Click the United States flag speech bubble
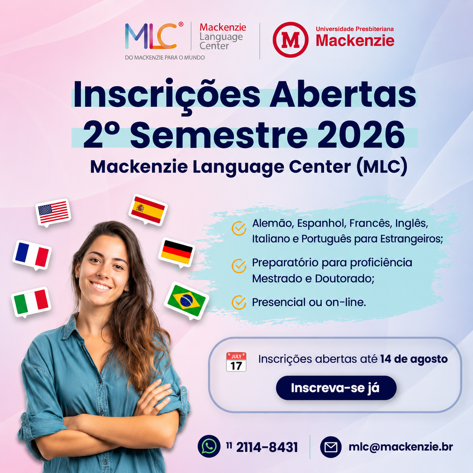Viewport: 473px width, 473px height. click(x=53, y=213)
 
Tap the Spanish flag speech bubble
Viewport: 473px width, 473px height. click(x=148, y=210)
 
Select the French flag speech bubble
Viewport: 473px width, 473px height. click(x=32, y=255)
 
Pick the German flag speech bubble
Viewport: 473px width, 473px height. click(x=177, y=253)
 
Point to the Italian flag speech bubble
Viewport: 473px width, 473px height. click(x=31, y=302)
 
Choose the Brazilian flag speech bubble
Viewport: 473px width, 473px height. click(x=187, y=301)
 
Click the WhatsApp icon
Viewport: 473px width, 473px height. click(x=209, y=446)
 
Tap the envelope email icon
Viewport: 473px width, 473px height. click(x=331, y=447)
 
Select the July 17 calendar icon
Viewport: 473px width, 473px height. click(x=236, y=362)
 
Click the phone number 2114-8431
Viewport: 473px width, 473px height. click(x=267, y=447)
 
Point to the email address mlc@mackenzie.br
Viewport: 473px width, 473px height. click(x=401, y=447)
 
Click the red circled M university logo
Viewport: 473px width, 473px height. click(x=290, y=40)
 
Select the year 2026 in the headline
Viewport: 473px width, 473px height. click(x=361, y=135)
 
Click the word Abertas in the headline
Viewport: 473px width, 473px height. click(x=342, y=95)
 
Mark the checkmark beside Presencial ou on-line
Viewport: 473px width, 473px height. click(x=239, y=303)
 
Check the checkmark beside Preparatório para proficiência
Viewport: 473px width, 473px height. click(x=239, y=266)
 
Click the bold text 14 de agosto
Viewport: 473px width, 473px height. click(x=414, y=359)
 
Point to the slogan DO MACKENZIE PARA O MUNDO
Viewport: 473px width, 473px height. click(x=165, y=58)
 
